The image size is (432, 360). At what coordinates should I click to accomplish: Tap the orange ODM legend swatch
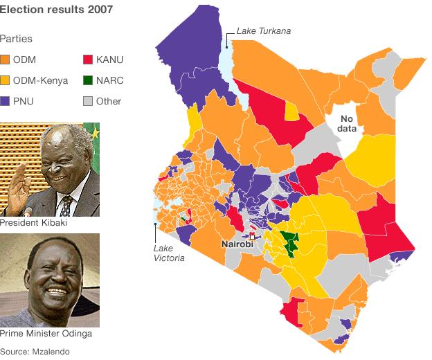[x=6, y=60]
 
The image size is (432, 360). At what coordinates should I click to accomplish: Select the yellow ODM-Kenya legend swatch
[x=6, y=81]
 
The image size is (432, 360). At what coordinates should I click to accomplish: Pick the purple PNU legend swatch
[x=6, y=102]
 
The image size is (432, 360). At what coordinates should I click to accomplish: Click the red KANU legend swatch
[x=88, y=60]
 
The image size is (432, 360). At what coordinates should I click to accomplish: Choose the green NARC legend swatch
[x=88, y=81]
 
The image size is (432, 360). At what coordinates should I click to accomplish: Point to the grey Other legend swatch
[x=88, y=102]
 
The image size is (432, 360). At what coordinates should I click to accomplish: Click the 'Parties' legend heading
[x=16, y=39]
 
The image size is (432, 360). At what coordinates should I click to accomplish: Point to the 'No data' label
[x=345, y=124]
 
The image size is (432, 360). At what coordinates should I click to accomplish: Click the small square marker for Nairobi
[x=252, y=237]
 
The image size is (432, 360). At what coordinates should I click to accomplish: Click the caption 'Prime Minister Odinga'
[x=46, y=334]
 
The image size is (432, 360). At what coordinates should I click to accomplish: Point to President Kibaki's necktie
[x=67, y=206]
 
